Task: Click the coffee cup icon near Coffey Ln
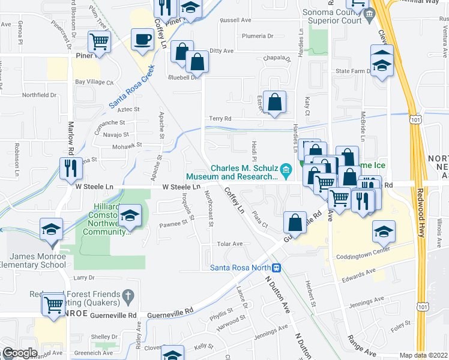[142, 40]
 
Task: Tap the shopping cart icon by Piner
[99, 43]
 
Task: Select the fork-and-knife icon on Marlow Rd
[70, 169]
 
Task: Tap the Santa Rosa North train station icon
[277, 268]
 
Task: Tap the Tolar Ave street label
[229, 244]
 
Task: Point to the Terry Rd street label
[220, 119]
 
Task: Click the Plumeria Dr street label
[258, 36]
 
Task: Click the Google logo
[19, 353]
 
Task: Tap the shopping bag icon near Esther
[274, 103]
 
